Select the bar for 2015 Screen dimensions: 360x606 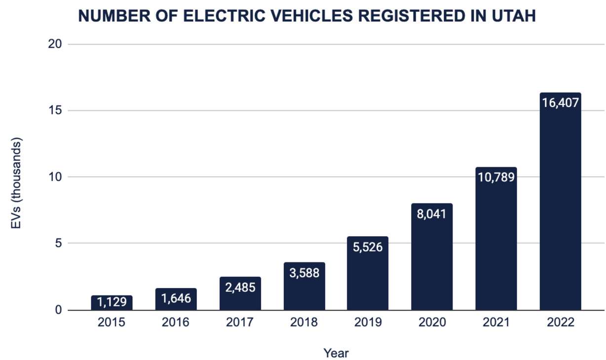(x=112, y=303)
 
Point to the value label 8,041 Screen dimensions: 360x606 (x=432, y=215)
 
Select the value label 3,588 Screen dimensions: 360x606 (x=304, y=272)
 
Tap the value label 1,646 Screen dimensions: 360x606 (x=176, y=298)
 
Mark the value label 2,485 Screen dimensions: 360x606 (x=240, y=287)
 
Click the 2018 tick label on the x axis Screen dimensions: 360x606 (x=304, y=323)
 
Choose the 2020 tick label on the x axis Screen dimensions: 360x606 (x=432, y=323)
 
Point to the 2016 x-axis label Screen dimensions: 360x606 (x=176, y=323)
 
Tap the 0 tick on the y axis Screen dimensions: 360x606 (x=58, y=310)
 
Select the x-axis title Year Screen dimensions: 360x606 (x=336, y=353)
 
